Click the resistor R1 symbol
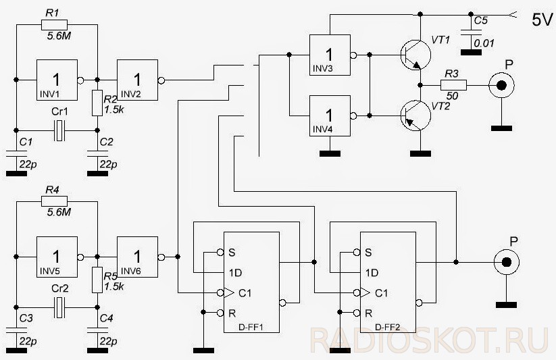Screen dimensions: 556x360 tap(54, 25)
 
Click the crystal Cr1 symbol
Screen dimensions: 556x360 tap(59, 130)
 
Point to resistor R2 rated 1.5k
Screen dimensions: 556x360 tap(97, 103)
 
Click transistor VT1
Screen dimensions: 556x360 tap(415, 55)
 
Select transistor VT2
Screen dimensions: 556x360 tap(415, 115)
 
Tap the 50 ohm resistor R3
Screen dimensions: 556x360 tap(453, 85)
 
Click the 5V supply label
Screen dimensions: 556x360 tap(542, 20)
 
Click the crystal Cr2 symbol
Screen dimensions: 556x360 tap(59, 307)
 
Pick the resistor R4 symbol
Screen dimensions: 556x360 tap(54, 202)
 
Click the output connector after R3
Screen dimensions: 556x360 tap(501, 85)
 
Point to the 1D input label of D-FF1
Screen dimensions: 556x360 tap(235, 273)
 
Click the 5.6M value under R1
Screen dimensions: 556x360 tap(59, 36)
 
